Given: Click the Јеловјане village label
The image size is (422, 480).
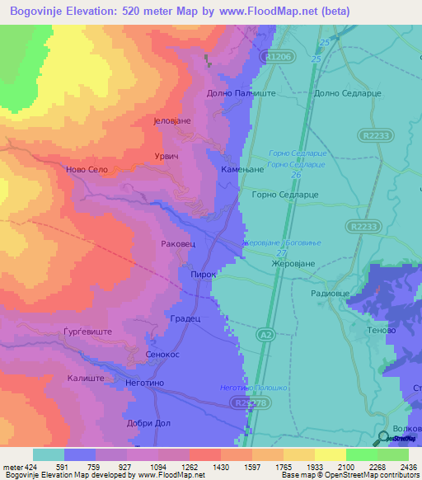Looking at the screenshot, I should (x=172, y=120).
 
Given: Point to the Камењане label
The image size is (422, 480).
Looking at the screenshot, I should (x=241, y=168).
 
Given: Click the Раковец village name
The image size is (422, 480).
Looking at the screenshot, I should (x=179, y=244).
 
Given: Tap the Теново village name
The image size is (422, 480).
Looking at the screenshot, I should (x=382, y=329).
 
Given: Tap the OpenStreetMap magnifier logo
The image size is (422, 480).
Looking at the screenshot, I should (x=382, y=438).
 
